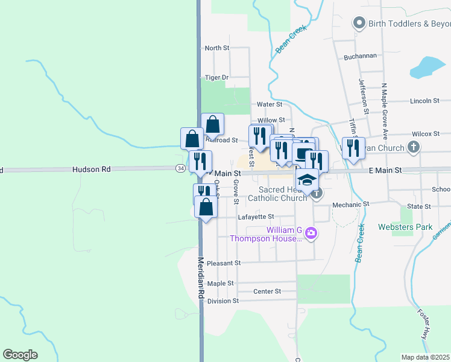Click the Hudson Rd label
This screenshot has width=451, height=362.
tap(92, 170)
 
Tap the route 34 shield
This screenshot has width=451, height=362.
tap(180, 168)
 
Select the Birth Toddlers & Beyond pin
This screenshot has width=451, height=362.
tap(359, 24)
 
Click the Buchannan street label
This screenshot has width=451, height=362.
tap(360, 56)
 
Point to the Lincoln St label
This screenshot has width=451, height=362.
tap(421, 101)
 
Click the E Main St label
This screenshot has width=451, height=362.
tap(385, 171)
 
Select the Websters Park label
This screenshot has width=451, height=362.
tap(405, 227)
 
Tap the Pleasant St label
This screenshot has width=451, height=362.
tap(224, 263)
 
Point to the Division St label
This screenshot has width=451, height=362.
tap(222, 300)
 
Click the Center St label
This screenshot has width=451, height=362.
tap(267, 291)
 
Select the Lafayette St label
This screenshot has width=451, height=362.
tap(256, 217)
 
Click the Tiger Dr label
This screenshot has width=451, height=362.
tap(216, 77)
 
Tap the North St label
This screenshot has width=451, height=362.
tap(217, 48)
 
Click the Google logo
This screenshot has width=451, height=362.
tap(20, 355)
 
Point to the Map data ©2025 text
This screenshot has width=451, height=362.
tap(425, 357)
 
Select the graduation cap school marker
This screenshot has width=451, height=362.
tap(307, 179)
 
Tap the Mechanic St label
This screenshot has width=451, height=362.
tap(350, 205)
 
